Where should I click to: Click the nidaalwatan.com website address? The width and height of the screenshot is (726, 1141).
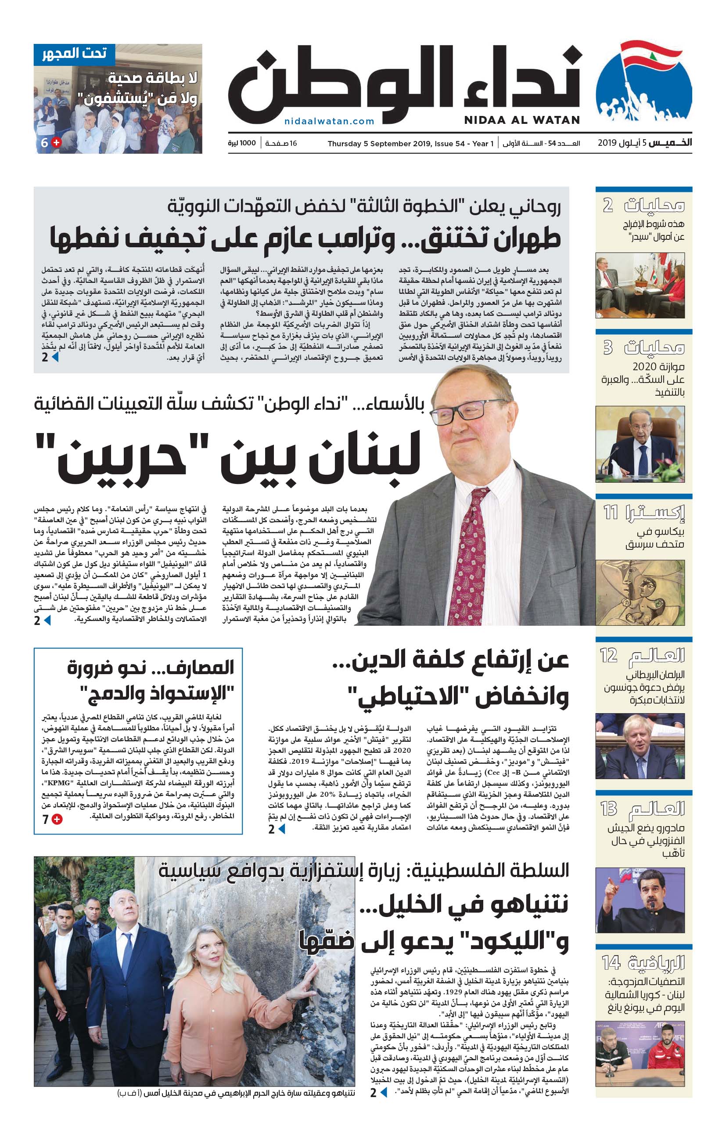[x=329, y=121]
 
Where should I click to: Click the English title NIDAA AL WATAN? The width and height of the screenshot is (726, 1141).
[x=522, y=120]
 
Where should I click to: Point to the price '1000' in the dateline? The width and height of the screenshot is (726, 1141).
[x=248, y=143]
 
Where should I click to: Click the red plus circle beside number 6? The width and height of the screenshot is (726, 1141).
[x=56, y=142]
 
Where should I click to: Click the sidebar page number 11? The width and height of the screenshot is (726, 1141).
[x=611, y=512]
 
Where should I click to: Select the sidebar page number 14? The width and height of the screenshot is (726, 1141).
[x=611, y=962]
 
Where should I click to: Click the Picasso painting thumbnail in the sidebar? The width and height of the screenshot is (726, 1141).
[x=640, y=592]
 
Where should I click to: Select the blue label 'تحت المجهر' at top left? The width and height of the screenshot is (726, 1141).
[x=74, y=54]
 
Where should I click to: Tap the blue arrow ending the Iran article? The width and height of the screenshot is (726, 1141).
[x=55, y=357]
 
